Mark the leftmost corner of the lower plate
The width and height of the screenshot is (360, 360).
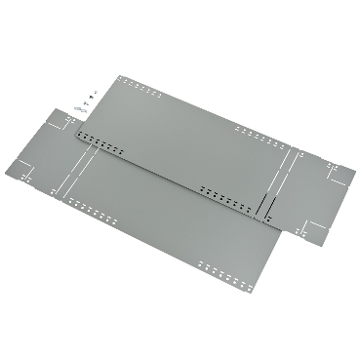(x=18, y=183)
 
